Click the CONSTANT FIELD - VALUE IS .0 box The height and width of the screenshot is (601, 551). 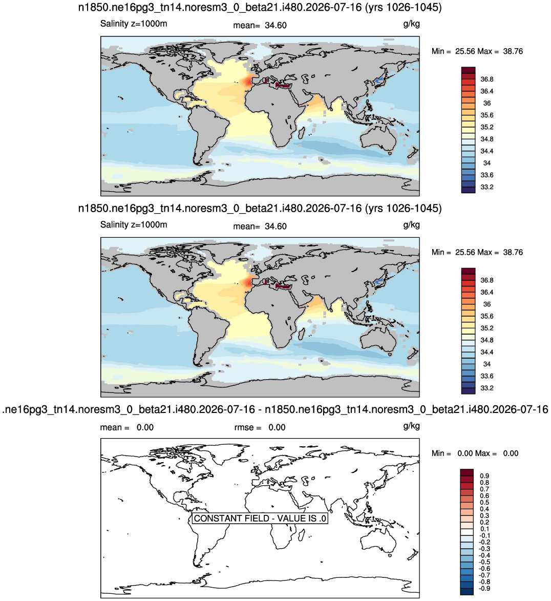click(x=260, y=518)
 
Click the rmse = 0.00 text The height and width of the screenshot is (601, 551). click(x=260, y=427)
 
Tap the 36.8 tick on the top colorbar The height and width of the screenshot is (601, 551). click(x=487, y=79)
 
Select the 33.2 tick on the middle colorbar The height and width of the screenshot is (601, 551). click(x=487, y=388)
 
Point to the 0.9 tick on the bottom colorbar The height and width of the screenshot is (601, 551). click(x=484, y=476)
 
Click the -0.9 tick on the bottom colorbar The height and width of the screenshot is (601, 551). click(x=484, y=588)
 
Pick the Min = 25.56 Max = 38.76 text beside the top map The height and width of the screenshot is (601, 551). click(x=477, y=51)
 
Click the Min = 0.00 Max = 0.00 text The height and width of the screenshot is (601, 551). click(x=475, y=453)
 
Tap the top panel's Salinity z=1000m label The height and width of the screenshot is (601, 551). click(x=134, y=24)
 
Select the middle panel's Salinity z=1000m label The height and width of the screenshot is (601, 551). click(x=134, y=224)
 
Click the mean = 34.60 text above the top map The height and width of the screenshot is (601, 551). click(x=260, y=25)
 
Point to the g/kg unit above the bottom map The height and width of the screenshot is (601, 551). click(x=412, y=426)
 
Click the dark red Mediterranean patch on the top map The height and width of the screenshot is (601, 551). click(x=283, y=86)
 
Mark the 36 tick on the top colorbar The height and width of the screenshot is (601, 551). click(x=487, y=103)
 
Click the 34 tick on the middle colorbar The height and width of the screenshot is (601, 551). click(x=487, y=364)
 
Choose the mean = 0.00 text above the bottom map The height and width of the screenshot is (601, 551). click(x=127, y=427)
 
